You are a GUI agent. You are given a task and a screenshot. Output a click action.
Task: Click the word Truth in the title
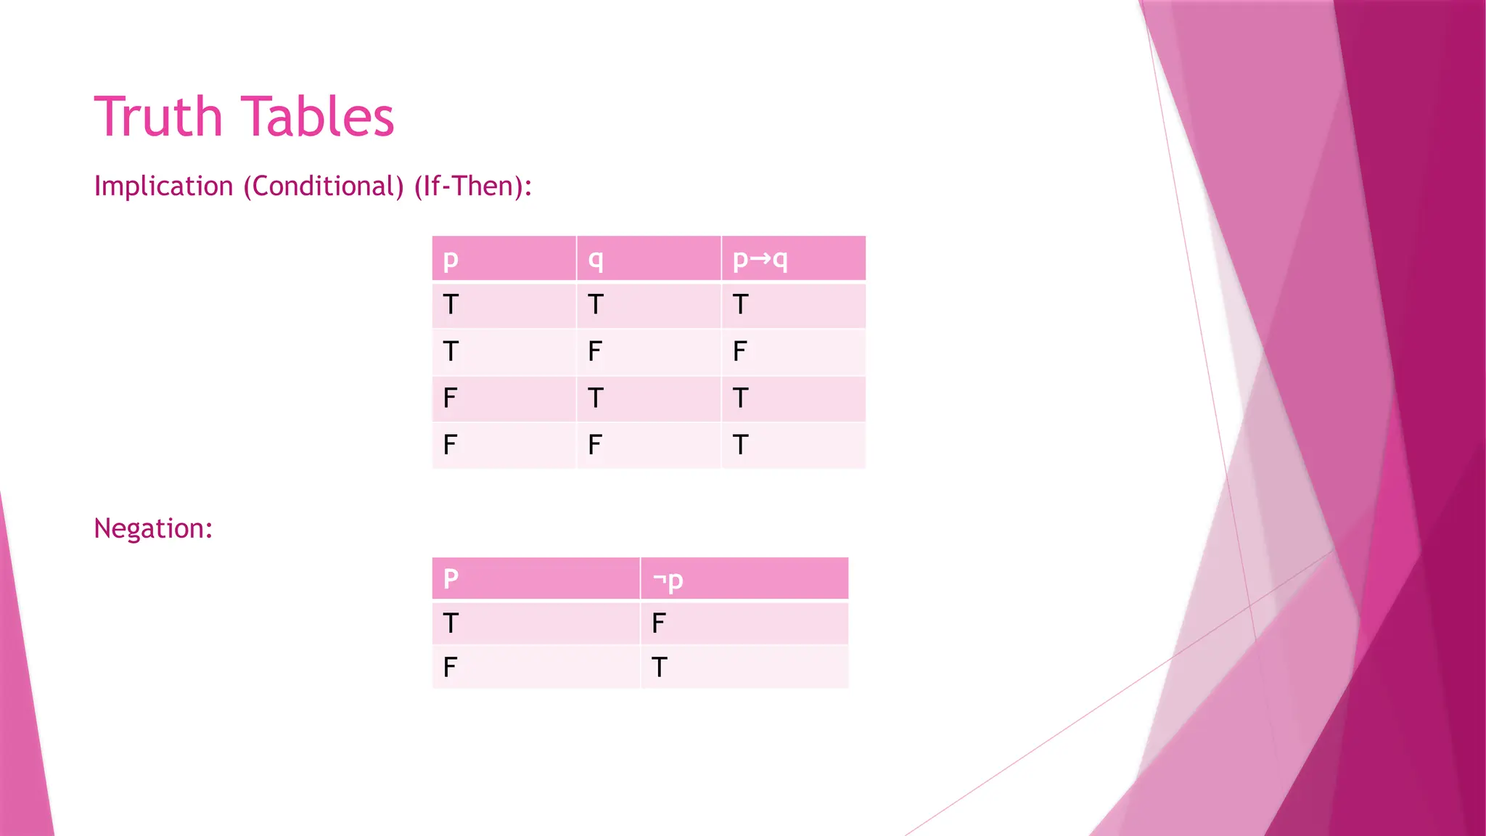158,117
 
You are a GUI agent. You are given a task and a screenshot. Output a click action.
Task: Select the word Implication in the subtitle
163,187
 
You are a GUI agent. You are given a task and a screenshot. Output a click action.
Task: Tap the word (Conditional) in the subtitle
324,187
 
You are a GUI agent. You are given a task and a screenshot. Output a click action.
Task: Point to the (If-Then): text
473,187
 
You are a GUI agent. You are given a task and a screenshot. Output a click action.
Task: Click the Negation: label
153,528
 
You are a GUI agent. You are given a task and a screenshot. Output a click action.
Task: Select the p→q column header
760,259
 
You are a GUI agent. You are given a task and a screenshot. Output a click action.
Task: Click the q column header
596,259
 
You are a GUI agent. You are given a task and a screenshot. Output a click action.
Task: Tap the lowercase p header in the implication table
451,259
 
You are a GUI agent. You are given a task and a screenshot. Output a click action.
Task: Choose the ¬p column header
668,580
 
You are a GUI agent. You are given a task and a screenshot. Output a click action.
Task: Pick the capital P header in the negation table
451,579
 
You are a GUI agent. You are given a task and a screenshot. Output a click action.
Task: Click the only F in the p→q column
739,352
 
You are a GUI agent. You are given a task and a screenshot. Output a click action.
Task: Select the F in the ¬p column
658,623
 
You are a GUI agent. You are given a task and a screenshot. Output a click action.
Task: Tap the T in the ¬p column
659,667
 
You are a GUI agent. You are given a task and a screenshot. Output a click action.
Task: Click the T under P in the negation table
451,623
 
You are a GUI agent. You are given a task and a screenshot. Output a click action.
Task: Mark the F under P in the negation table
450,667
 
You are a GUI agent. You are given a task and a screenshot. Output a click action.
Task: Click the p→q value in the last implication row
740,445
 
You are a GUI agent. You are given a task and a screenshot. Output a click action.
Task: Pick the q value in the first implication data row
596,305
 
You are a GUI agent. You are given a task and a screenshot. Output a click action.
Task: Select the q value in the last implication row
595,445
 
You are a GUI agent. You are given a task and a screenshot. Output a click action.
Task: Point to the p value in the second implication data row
451,352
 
